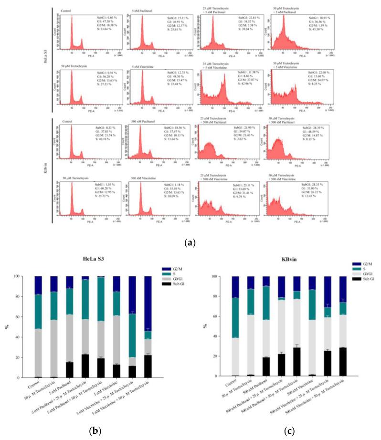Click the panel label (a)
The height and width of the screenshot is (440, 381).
[x=191, y=242]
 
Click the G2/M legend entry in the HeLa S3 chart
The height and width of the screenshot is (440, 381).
[x=171, y=269]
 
